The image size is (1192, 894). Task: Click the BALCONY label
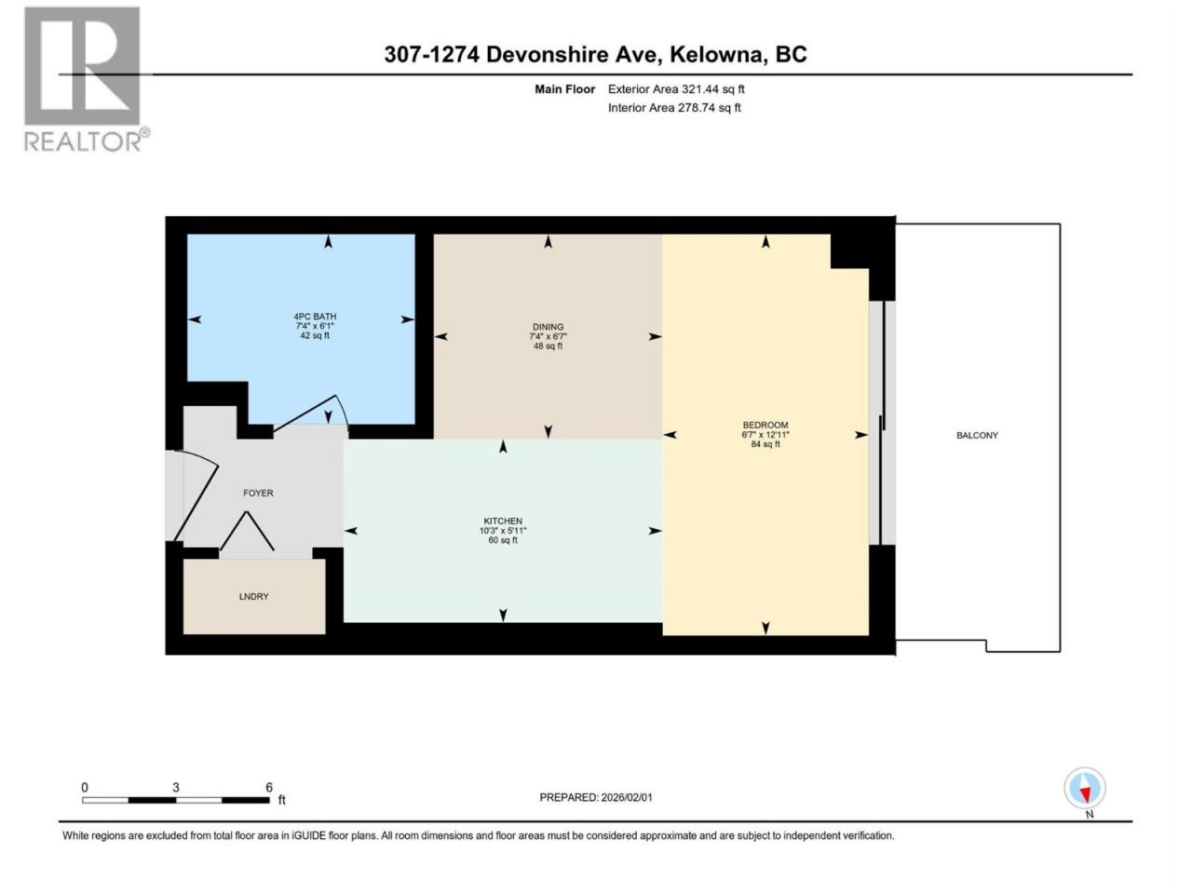(x=977, y=435)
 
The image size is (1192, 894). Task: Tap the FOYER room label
(x=258, y=493)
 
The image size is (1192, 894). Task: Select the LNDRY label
(x=253, y=596)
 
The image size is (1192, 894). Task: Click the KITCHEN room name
(x=503, y=521)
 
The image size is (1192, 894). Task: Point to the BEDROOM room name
(x=765, y=425)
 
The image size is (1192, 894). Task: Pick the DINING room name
(x=548, y=327)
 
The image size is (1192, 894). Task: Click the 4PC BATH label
(x=315, y=317)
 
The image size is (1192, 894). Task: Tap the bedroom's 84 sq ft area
(x=765, y=444)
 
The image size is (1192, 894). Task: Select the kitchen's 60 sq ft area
(x=503, y=540)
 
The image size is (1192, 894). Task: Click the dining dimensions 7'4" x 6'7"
(x=548, y=336)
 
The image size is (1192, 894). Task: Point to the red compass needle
(x=1086, y=794)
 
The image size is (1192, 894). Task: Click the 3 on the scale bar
(x=175, y=788)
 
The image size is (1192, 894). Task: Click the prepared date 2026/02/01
(x=626, y=797)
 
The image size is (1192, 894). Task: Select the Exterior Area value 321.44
(x=696, y=89)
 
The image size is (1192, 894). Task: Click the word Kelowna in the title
(x=716, y=54)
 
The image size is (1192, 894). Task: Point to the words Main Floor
(x=564, y=89)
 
